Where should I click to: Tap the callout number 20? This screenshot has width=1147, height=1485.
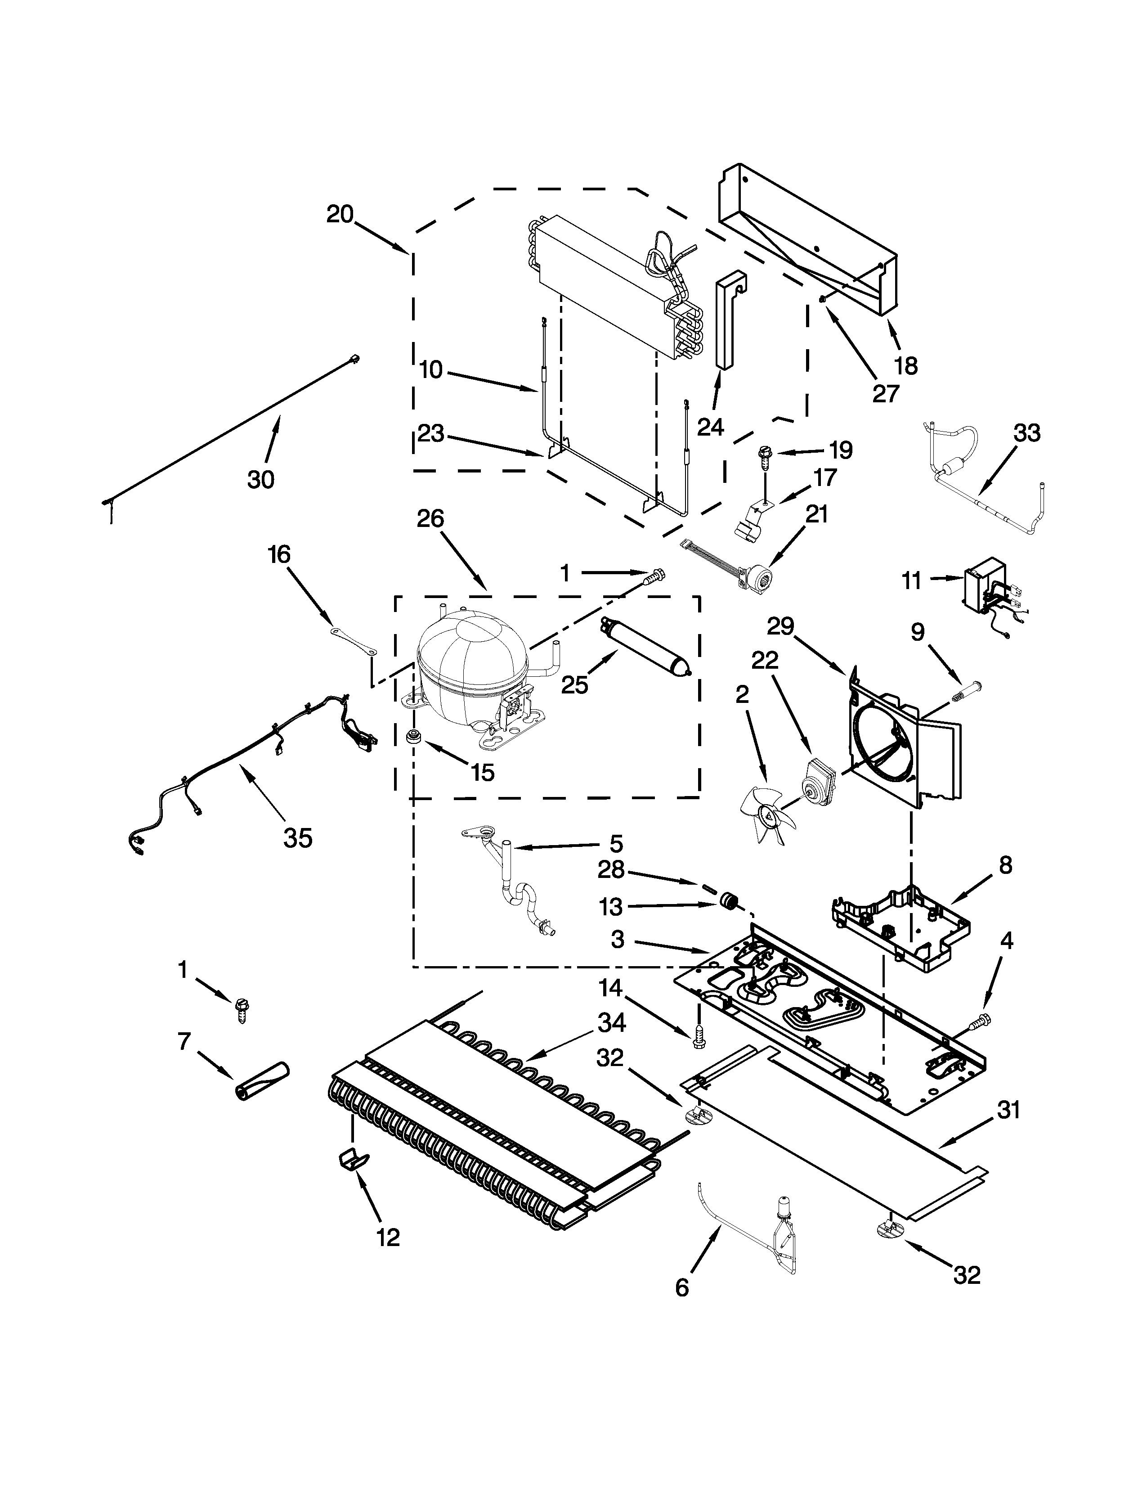click(x=340, y=214)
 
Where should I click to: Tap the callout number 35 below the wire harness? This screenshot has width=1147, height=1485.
click(x=298, y=838)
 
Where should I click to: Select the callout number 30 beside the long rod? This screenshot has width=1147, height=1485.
click(x=261, y=479)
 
